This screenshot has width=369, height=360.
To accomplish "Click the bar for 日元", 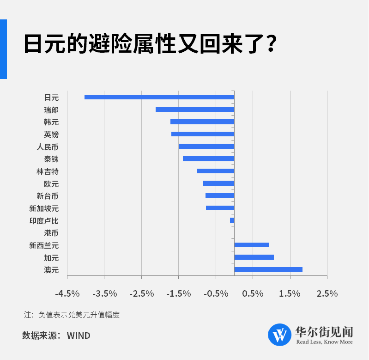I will [159, 97].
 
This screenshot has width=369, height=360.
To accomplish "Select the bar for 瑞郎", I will [195, 110].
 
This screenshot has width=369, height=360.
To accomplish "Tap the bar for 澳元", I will [268, 269].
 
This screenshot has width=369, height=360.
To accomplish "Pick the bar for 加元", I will [254, 257].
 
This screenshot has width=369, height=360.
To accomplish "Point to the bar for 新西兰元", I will [252, 245].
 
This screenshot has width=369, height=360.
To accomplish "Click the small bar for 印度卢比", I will [232, 220].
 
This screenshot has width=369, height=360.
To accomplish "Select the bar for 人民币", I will [206, 146].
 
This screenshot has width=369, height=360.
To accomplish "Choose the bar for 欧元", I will [218, 183].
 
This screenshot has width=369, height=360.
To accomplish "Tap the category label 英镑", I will [51, 134].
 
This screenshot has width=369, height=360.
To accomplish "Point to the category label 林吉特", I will [48, 171].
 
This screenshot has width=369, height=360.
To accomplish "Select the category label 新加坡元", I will [44, 208].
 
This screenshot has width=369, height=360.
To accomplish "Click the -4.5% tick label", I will [67, 293].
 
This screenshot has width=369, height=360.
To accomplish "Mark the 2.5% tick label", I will [327, 293].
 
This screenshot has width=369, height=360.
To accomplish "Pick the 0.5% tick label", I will [253, 293].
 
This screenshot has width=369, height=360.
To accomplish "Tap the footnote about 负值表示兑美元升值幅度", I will [72, 315].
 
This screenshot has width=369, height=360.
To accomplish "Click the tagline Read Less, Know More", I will [324, 342].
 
